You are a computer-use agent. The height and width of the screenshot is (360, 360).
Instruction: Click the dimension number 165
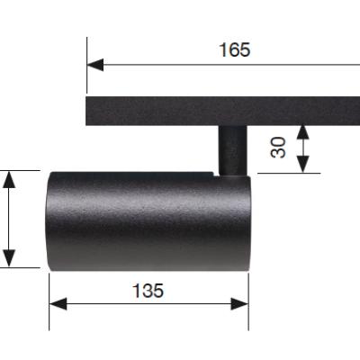(x=234, y=49)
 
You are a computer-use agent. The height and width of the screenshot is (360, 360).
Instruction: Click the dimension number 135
(x=148, y=291)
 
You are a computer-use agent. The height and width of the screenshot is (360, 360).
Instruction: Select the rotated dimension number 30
(x=278, y=148)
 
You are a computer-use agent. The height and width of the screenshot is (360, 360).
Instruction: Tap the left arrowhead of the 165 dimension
(x=95, y=65)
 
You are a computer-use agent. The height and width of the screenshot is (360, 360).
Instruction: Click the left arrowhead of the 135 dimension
(x=58, y=304)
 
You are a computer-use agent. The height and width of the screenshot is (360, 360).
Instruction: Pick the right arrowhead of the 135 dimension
(x=239, y=304)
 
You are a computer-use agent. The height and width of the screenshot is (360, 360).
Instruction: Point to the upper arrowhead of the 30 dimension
(x=303, y=132)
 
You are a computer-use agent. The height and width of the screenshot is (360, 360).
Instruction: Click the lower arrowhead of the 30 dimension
(x=303, y=165)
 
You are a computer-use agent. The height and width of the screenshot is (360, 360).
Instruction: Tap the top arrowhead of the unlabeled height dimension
(x=9, y=179)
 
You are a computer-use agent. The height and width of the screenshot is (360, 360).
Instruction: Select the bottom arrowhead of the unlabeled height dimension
(x=9, y=258)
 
